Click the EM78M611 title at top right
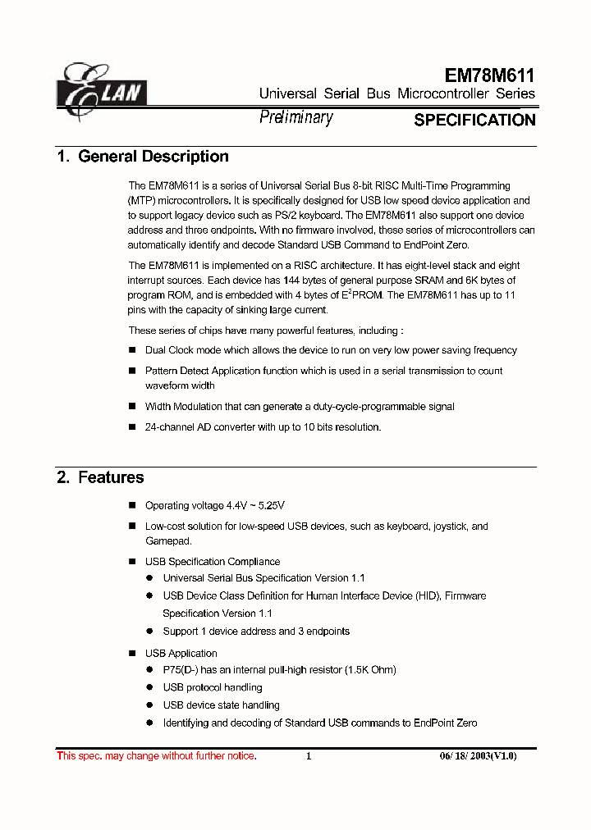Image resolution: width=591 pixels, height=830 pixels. pos(489,75)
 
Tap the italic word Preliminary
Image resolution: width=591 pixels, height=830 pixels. pos(296,117)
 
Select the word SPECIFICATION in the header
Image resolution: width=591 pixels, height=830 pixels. pos(474,121)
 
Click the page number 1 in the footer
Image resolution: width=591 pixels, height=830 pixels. pos(309,756)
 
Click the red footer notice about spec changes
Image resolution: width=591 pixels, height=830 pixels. pos(156,756)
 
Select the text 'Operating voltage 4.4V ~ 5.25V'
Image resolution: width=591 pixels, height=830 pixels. pos(215,505)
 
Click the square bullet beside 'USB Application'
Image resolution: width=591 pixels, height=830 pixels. pos(133,654)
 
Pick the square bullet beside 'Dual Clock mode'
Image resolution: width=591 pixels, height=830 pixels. pos(133,350)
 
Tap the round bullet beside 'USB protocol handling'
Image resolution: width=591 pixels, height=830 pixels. pos(150,688)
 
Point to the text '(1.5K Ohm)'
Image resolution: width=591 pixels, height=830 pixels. pos(370,670)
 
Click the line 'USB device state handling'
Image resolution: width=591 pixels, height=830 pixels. pos(221,705)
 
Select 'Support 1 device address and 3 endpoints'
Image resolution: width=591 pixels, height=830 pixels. pos(256,632)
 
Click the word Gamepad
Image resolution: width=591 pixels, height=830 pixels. pos(168,541)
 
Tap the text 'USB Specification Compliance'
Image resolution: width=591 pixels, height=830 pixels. pos(213,562)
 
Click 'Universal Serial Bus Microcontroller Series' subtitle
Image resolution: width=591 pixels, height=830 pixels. pos(397,93)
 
